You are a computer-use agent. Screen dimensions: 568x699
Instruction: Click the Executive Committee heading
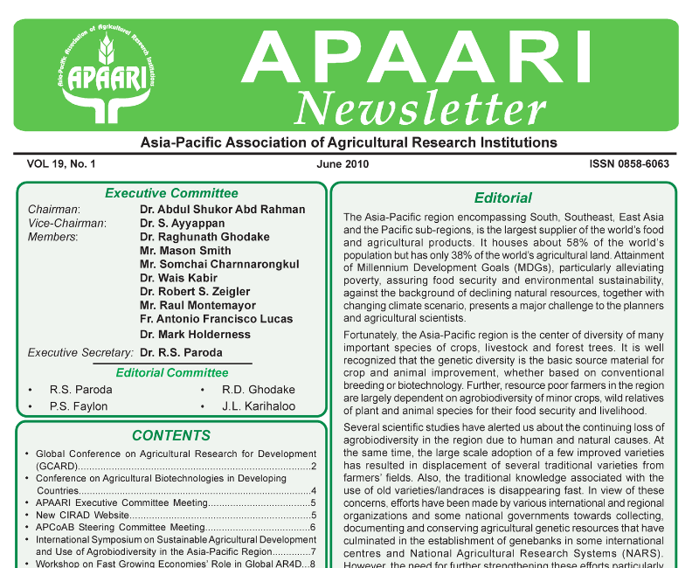pyautogui.click(x=171, y=193)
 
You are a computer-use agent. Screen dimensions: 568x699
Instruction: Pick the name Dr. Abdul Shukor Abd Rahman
pyautogui.click(x=223, y=210)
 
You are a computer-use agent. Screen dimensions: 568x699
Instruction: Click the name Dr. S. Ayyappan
pyautogui.click(x=183, y=223)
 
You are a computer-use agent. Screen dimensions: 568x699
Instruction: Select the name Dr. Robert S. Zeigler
pyautogui.click(x=195, y=291)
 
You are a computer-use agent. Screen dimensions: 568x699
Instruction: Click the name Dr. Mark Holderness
pyautogui.click(x=195, y=333)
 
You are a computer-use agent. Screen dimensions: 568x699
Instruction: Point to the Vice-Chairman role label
pyautogui.click(x=67, y=223)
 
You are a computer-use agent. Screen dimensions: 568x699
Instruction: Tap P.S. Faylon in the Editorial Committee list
pyautogui.click(x=79, y=406)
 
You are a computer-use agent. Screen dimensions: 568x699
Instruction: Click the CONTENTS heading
pyautogui.click(x=171, y=435)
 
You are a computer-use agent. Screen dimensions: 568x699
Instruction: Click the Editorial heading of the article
pyautogui.click(x=502, y=198)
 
